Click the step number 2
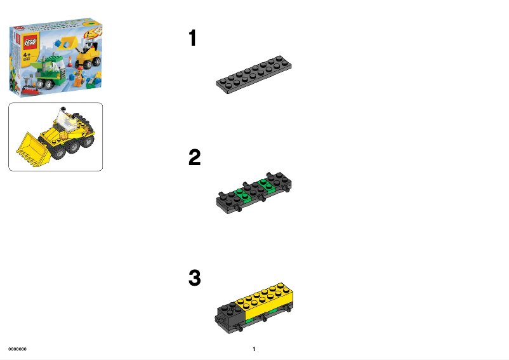coord(194,157)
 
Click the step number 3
coord(194,277)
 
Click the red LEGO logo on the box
coord(29,43)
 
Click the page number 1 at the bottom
coord(254,349)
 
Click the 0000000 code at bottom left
coord(17,349)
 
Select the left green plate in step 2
coord(241,193)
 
